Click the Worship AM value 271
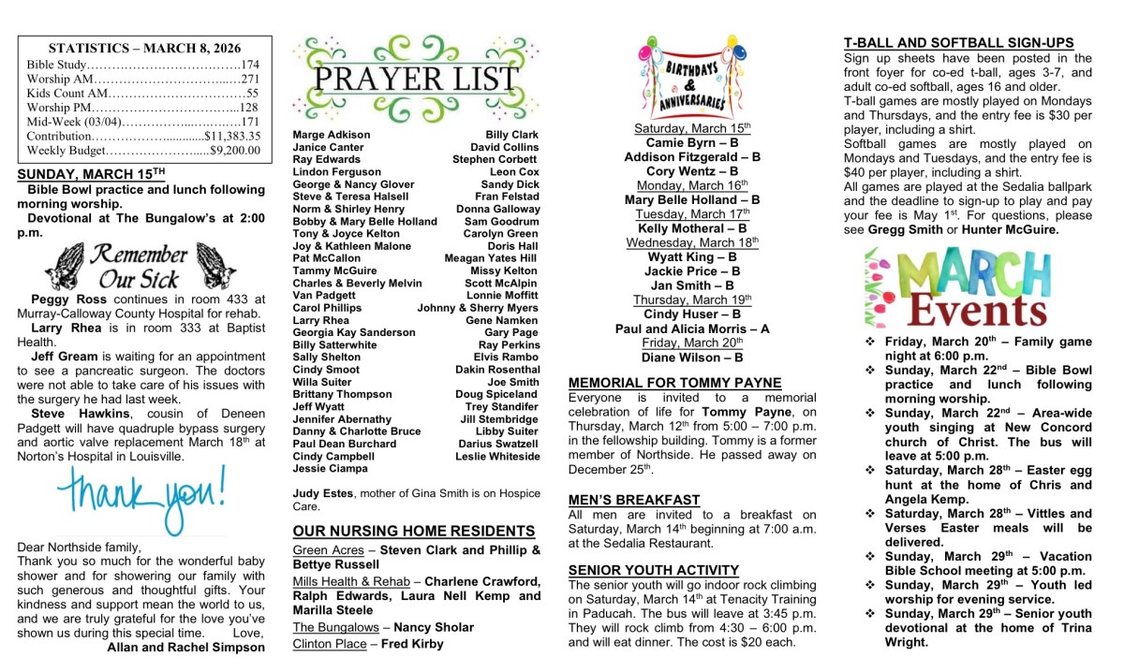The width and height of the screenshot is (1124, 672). click(249, 80)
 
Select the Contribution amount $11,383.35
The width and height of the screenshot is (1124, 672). click(231, 136)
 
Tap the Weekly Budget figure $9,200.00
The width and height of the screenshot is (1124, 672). click(235, 150)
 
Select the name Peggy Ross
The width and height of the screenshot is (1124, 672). click(60, 299)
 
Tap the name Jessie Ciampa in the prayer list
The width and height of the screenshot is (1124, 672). click(331, 469)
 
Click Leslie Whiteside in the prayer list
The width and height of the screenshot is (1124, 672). click(497, 457)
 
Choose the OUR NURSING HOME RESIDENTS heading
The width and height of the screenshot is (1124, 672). click(414, 531)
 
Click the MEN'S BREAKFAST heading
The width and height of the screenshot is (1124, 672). click(634, 500)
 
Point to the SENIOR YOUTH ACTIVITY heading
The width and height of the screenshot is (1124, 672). click(654, 570)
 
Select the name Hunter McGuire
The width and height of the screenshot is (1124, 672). click(1014, 229)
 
